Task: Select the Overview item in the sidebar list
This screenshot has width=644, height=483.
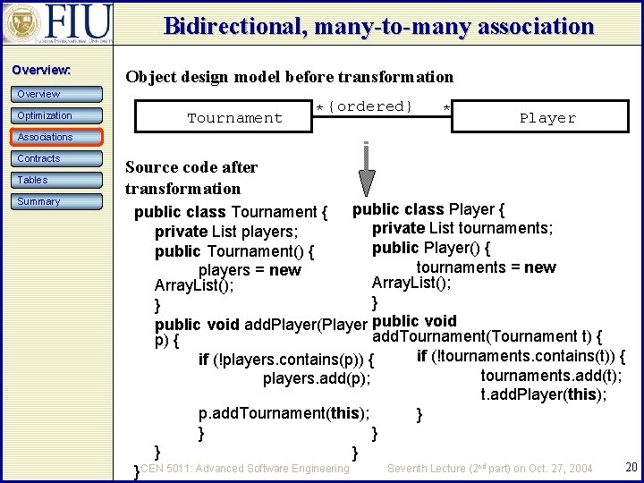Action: point(56,94)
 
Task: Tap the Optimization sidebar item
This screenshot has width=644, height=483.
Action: point(56,115)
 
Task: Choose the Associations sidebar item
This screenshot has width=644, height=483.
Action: point(56,137)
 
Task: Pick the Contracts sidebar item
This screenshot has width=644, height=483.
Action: point(56,158)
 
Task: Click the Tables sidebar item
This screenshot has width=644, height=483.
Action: point(56,180)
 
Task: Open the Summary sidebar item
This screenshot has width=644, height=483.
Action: point(56,201)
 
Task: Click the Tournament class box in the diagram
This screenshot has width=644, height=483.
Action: point(234,118)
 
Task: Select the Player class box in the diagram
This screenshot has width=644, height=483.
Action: point(547,118)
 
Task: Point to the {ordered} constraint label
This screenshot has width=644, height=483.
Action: point(369,106)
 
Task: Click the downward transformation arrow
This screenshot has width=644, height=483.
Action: point(366,170)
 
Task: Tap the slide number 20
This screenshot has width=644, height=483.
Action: point(631,467)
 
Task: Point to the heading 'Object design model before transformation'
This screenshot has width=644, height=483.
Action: point(289,77)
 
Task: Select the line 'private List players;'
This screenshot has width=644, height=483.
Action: point(226,232)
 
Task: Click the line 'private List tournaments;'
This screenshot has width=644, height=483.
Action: point(462,228)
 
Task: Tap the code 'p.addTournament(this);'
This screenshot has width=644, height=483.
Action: point(284,413)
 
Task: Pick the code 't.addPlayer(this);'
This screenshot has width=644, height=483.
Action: point(544,394)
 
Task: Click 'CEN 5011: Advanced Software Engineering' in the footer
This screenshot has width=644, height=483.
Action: point(244,468)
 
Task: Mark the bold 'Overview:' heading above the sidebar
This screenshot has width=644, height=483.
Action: point(41,70)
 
